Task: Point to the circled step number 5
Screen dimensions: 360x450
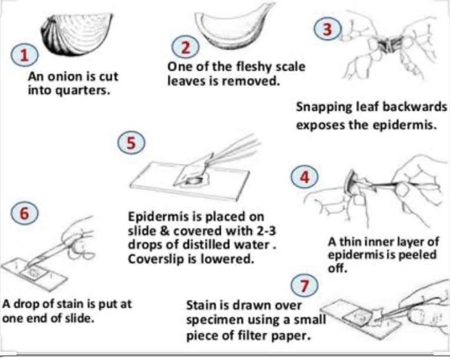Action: coord(131,143)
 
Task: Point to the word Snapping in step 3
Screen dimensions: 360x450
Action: coord(323,108)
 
